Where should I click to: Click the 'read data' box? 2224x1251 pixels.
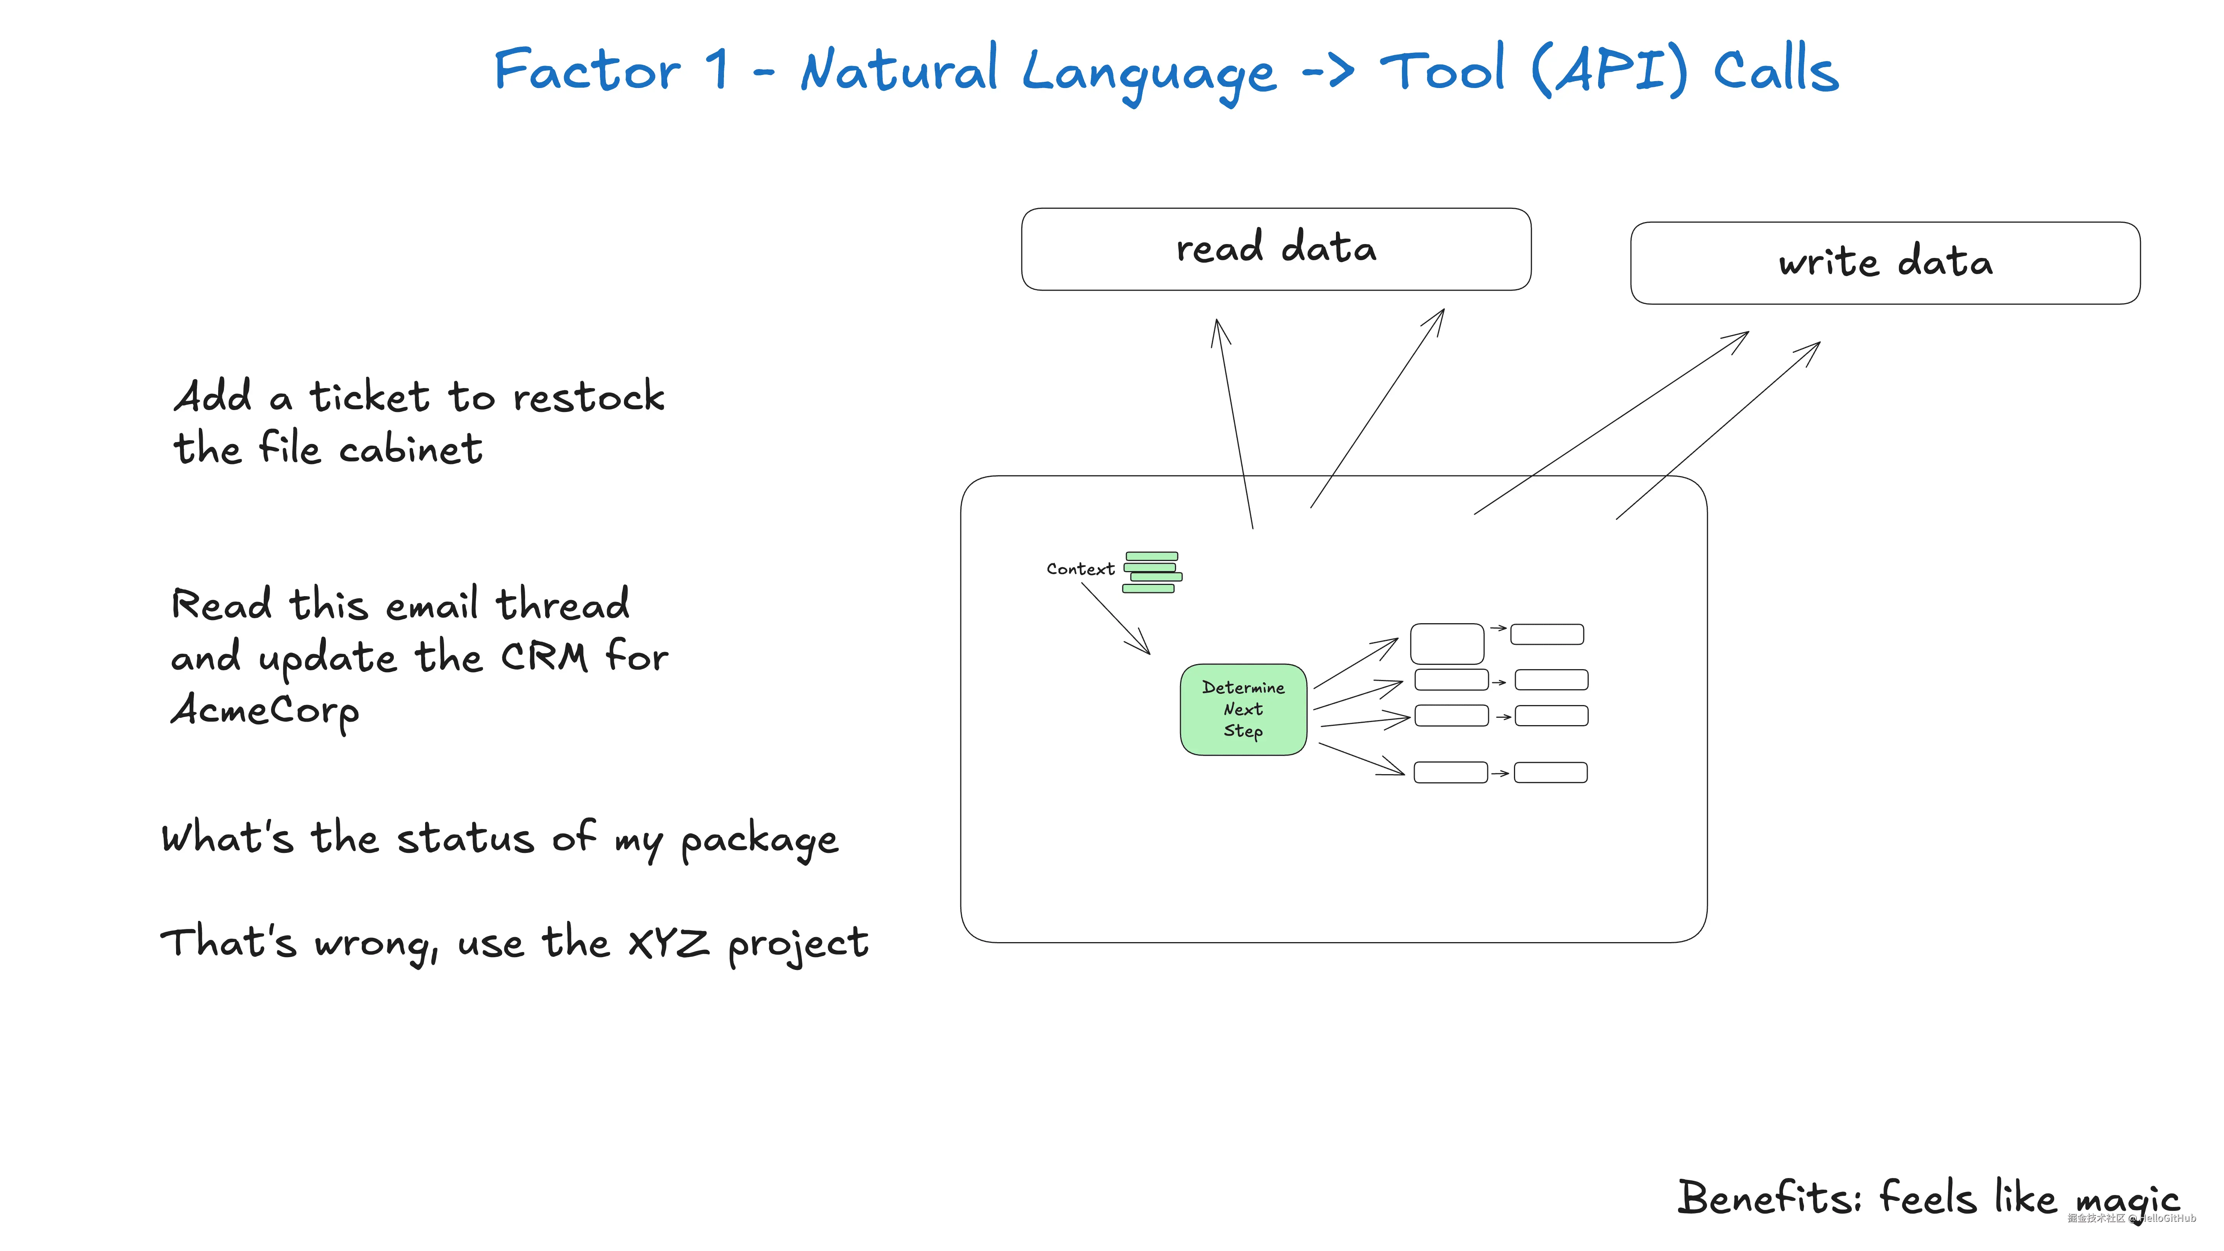(1276, 249)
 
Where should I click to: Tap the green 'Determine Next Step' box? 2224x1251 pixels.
(1243, 710)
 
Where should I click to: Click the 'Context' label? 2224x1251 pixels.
(1080, 569)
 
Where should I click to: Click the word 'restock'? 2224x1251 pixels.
(589, 397)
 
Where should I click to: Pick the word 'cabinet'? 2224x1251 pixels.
(410, 449)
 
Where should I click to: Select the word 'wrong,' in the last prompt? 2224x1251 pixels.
(377, 944)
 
